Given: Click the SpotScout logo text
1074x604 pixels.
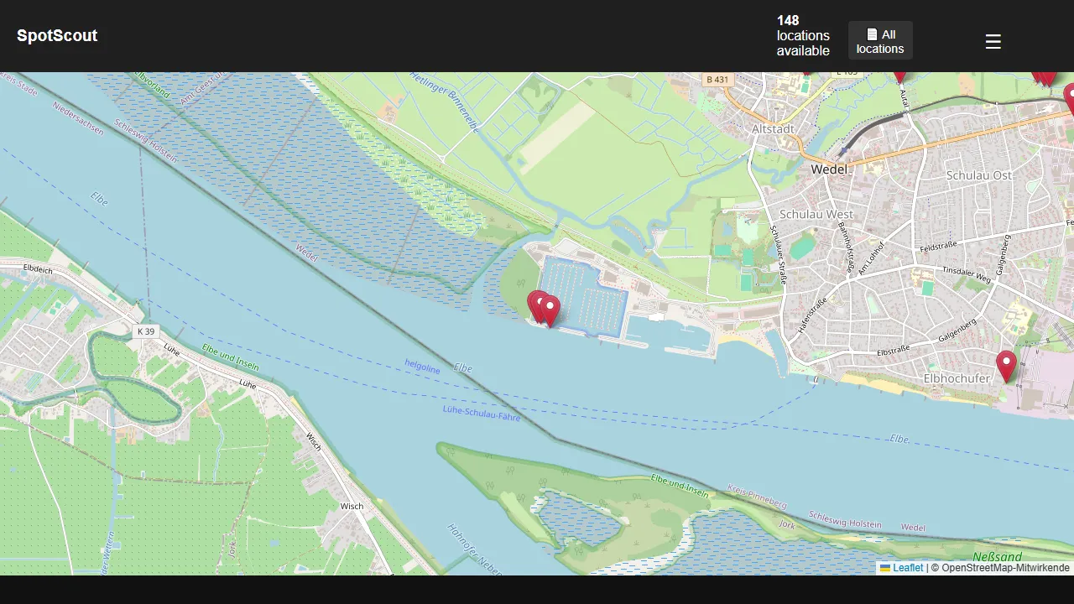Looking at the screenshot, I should [57, 36].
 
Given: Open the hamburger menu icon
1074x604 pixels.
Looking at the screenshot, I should [993, 41].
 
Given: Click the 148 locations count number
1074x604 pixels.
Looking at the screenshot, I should [788, 21].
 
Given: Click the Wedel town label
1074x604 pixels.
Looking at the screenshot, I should [830, 169].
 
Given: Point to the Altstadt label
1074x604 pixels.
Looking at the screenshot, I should [774, 129].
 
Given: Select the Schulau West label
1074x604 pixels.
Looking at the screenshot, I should [816, 214].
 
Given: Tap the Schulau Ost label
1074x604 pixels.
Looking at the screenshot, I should [978, 175].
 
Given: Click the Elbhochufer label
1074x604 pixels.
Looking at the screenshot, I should [957, 378].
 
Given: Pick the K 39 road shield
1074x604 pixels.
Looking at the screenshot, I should [146, 331].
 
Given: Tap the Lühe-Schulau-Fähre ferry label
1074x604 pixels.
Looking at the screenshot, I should [482, 412].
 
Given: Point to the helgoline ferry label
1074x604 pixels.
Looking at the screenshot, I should [422, 366].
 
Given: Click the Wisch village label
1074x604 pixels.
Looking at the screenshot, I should [352, 506].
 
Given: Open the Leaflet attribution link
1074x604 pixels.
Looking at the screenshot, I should [908, 568].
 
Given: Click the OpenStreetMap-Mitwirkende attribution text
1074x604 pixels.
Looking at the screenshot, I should [1005, 568].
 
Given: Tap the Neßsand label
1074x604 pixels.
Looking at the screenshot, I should [998, 557].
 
